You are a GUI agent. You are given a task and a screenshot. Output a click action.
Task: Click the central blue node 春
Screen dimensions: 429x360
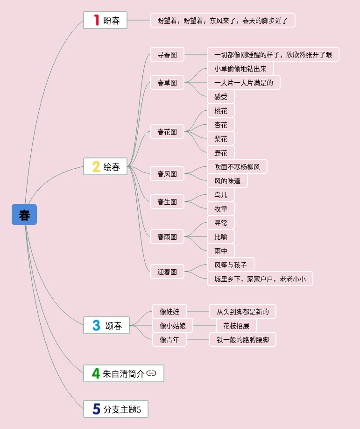point(24,214)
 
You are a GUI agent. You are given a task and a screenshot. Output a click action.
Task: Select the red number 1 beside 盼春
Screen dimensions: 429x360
point(96,20)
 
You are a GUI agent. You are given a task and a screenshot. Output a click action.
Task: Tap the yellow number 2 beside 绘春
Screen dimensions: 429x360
point(96,166)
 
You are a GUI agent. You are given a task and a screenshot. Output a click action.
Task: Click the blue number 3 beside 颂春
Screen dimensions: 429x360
point(96,325)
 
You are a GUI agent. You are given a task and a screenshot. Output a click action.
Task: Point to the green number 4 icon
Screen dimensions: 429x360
point(96,373)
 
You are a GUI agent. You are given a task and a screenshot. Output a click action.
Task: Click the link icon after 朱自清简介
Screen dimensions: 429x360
point(151,373)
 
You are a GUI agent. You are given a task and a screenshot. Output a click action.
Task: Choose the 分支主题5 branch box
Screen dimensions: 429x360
point(116,409)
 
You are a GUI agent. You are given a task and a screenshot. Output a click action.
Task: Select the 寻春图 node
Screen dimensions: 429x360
point(167,54)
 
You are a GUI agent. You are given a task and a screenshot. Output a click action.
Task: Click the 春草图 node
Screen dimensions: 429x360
point(167,82)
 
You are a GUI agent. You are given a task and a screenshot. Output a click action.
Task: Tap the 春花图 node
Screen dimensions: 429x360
point(167,131)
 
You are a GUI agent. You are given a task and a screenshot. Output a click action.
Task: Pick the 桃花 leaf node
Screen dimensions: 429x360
point(221,111)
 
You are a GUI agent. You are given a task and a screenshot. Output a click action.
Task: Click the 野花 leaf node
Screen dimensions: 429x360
point(221,153)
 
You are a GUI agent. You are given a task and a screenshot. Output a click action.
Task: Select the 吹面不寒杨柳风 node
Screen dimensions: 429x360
point(237,166)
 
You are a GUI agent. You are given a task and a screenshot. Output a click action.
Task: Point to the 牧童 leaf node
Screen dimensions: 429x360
point(221,208)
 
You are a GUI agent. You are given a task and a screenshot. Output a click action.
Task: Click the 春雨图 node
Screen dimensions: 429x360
point(167,236)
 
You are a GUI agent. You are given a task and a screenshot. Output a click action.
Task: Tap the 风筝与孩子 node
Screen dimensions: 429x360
point(231,265)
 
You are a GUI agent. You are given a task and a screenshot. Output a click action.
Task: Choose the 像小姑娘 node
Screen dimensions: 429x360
point(173,325)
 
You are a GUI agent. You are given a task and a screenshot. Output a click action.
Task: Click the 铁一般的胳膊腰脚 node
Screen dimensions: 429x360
point(243,339)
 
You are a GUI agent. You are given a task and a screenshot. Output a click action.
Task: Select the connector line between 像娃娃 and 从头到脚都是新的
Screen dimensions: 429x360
point(198,311)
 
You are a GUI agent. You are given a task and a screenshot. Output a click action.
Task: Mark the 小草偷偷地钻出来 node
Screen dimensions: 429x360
point(240,68)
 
